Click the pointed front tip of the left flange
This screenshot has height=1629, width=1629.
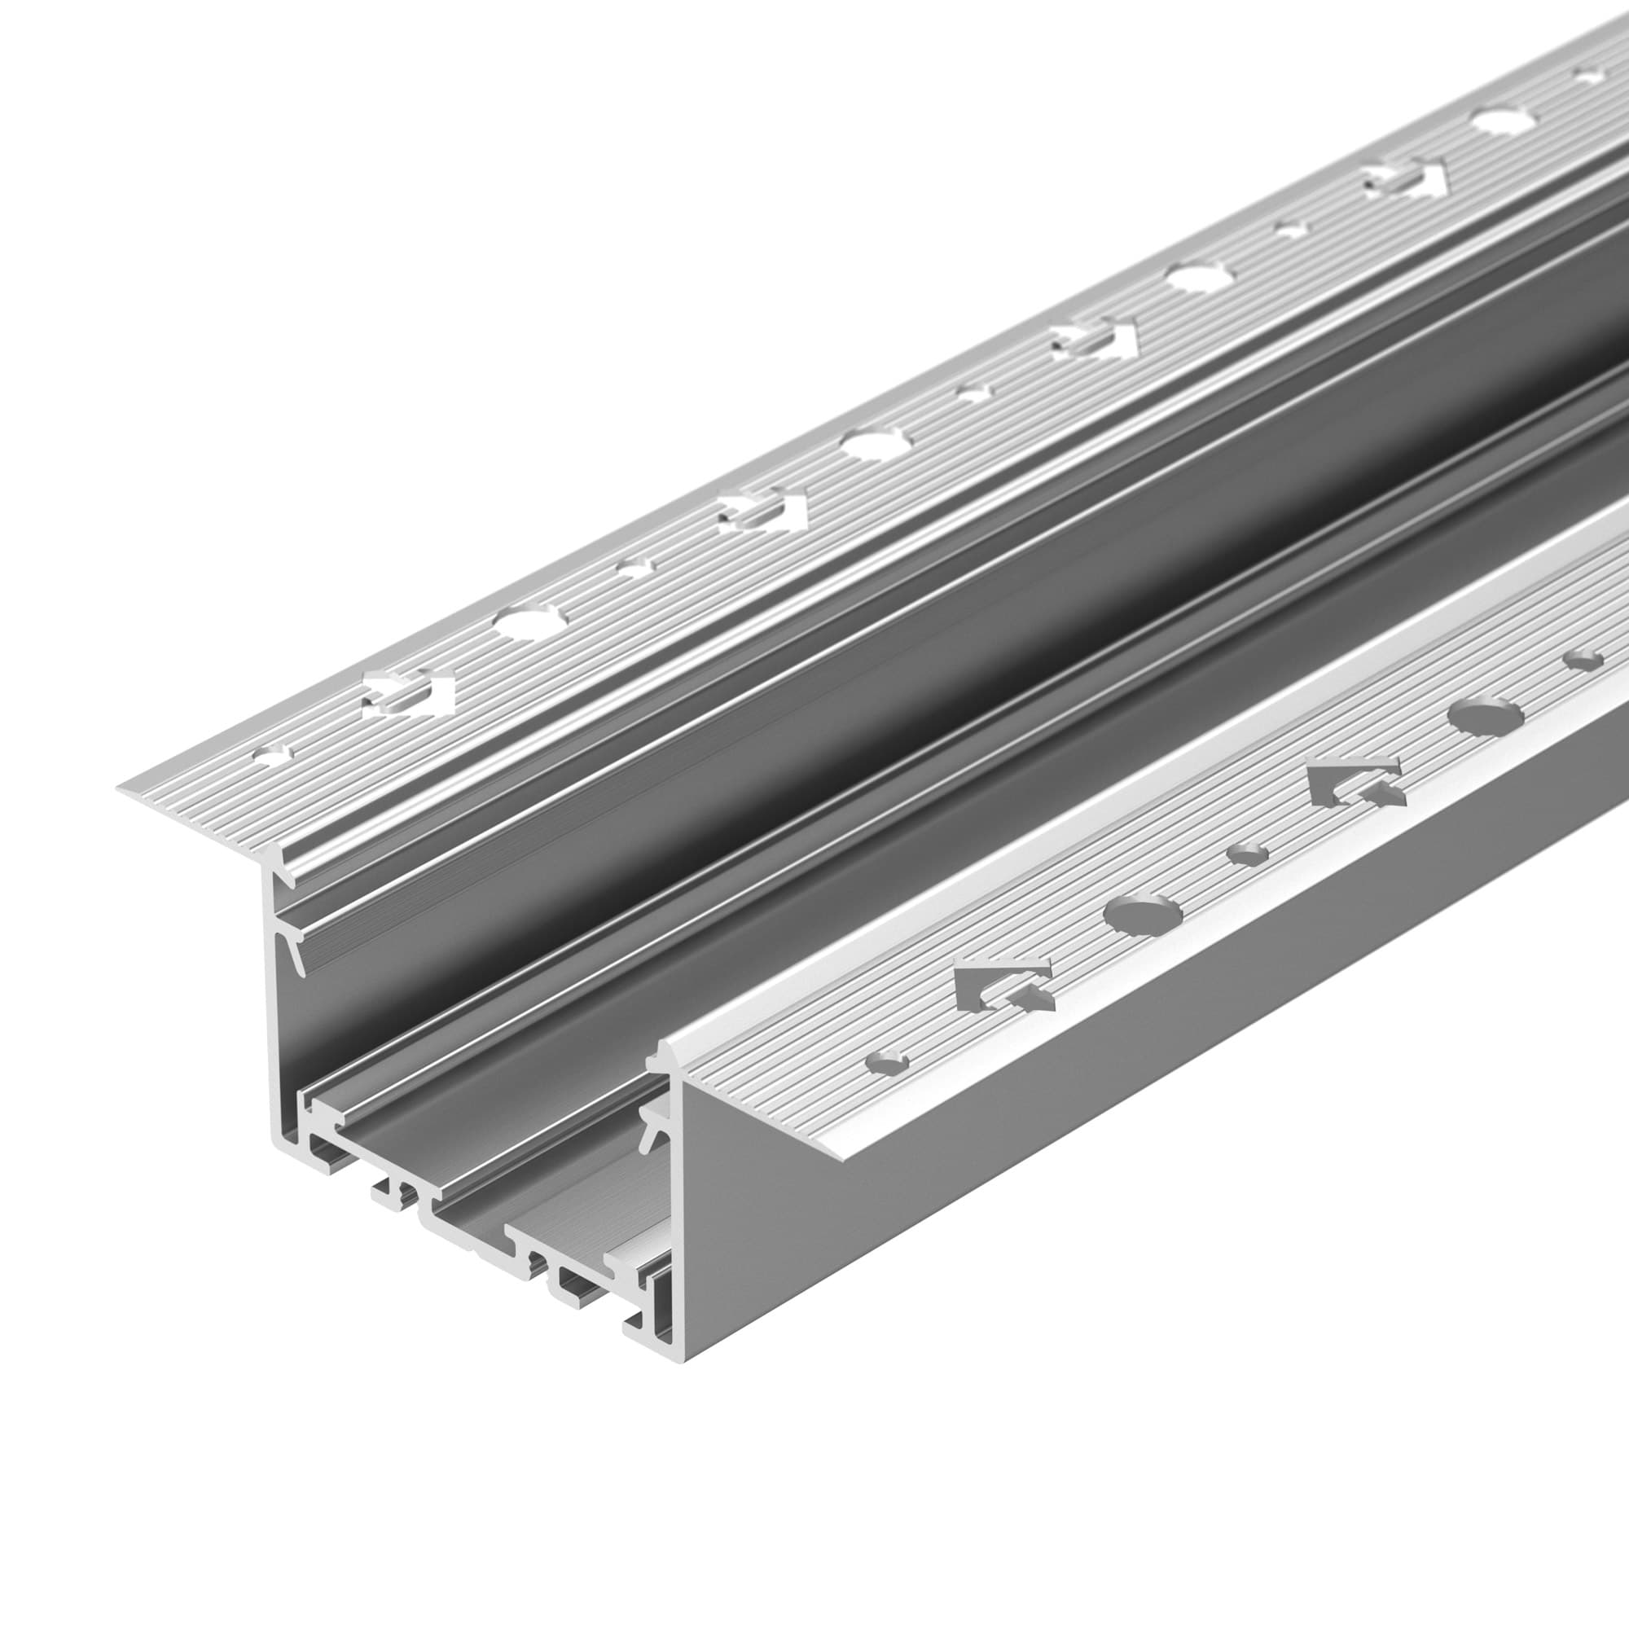click(120, 789)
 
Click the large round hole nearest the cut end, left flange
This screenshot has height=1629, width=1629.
click(530, 623)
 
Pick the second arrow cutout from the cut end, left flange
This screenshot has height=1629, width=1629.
click(762, 512)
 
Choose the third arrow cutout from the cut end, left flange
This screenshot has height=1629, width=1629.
click(1094, 336)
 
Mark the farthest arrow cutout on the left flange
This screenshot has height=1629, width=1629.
click(1404, 178)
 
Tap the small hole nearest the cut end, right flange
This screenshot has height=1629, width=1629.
click(888, 1062)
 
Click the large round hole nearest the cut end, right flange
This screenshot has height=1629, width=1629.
click(1143, 914)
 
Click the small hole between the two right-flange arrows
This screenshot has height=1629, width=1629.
click(1248, 854)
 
